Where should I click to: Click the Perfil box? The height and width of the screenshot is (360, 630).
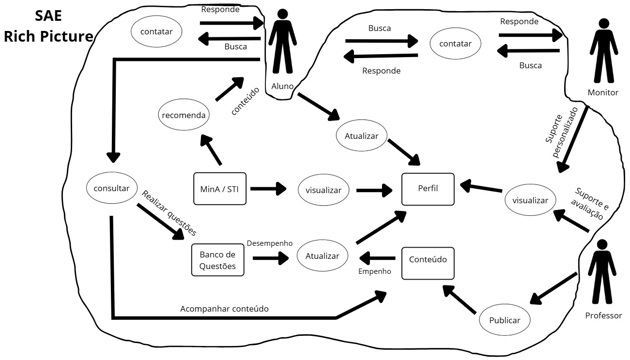tap(428, 189)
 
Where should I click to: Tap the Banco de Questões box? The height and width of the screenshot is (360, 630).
tap(217, 260)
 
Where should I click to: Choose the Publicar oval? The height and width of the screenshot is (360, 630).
tap(505, 320)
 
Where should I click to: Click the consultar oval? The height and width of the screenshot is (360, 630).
tap(111, 188)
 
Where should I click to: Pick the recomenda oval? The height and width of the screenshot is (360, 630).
tap(184, 115)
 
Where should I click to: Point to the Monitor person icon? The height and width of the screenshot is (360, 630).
tap(603, 51)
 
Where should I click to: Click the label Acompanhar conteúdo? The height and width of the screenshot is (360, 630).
tap(224, 309)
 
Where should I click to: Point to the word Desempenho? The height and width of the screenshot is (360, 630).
tap(269, 243)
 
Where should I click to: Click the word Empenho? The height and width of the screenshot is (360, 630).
tap(374, 272)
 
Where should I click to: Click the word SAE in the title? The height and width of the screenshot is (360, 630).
tap(48, 16)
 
